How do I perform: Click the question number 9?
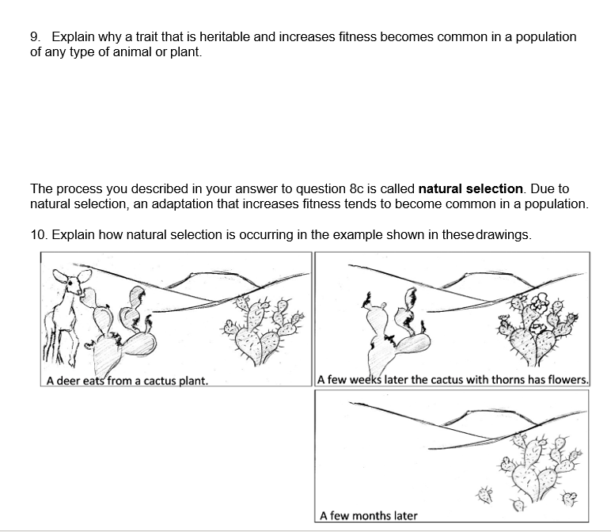[35, 37]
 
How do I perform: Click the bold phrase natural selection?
[471, 189]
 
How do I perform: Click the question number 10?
[38, 235]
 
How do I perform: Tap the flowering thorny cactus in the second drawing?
[539, 329]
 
